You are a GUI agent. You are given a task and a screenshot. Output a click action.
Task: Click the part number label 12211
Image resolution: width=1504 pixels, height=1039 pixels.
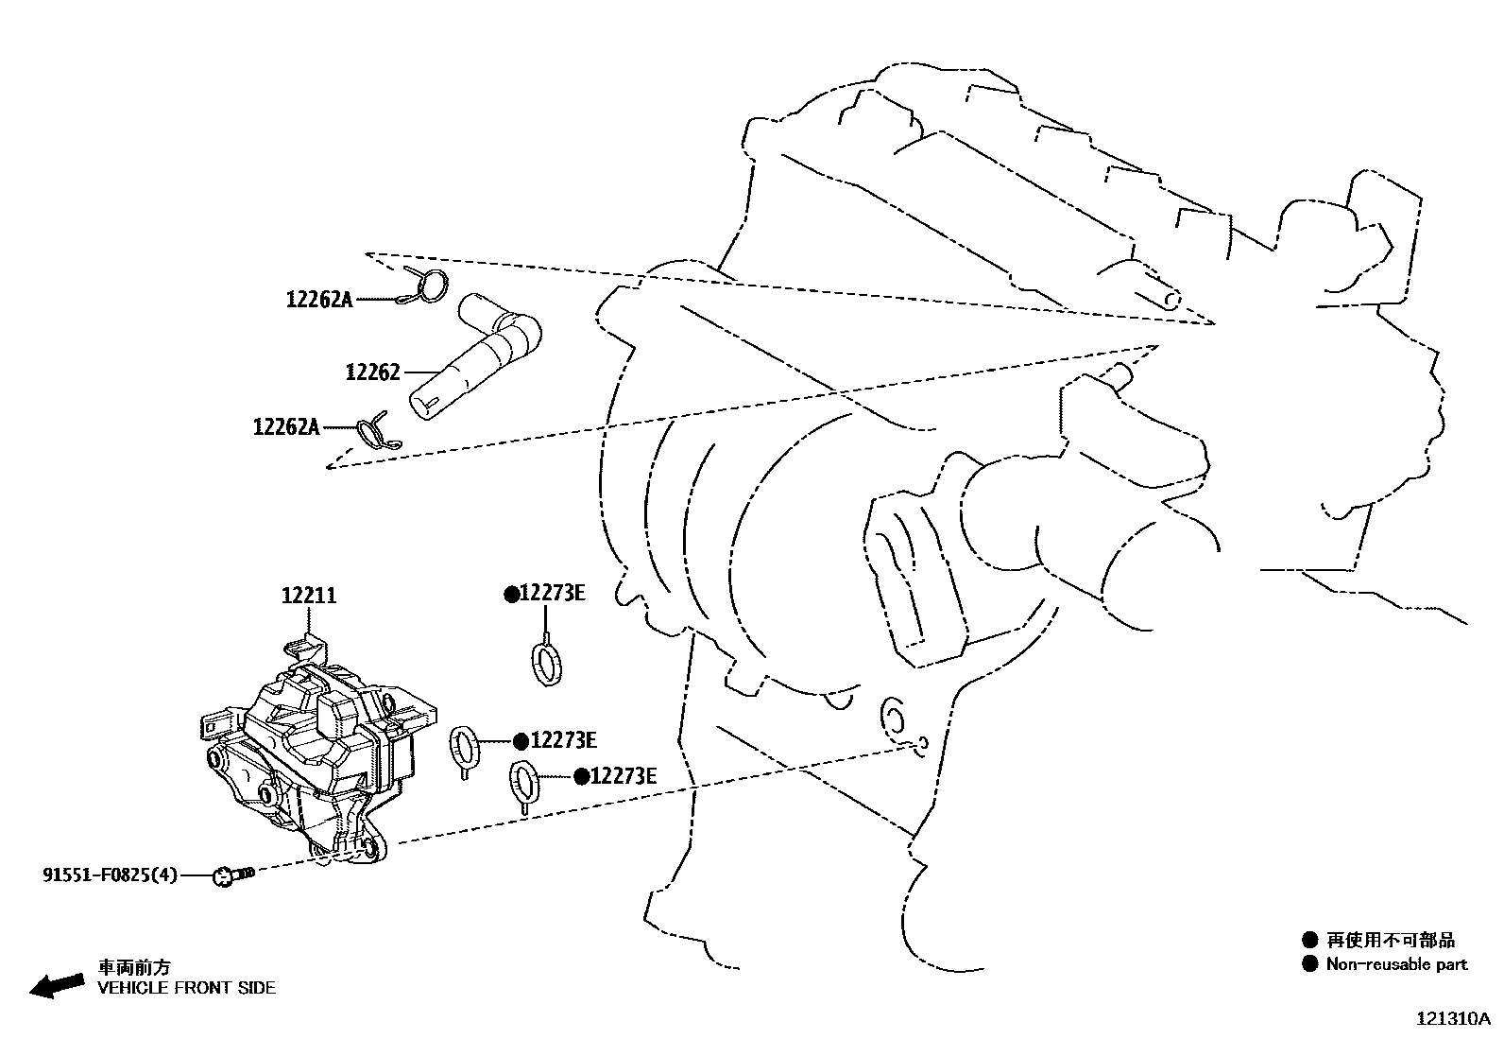(x=309, y=596)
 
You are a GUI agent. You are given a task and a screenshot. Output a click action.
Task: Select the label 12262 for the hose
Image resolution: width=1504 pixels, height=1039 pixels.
(x=372, y=372)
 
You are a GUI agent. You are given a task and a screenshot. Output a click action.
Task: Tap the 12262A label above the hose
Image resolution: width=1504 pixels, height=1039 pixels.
(x=318, y=300)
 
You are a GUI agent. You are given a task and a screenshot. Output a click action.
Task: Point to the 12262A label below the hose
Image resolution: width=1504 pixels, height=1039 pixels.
(x=286, y=427)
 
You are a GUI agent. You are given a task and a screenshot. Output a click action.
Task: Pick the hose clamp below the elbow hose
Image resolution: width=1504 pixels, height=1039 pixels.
(x=375, y=431)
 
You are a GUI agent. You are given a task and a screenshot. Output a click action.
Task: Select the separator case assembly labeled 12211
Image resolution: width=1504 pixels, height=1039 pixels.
(x=312, y=756)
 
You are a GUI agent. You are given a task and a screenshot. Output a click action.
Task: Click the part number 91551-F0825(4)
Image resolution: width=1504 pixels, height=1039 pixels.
(x=110, y=875)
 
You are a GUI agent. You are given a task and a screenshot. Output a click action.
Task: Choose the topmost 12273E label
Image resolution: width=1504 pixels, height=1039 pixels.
(x=553, y=594)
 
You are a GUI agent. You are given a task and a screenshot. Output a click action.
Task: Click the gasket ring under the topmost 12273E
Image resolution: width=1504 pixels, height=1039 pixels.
(x=546, y=662)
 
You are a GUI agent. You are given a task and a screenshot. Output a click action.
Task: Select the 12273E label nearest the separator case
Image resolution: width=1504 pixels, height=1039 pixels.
(x=563, y=740)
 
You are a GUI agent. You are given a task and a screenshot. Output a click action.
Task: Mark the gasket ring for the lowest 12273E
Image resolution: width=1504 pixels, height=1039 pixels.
(x=524, y=782)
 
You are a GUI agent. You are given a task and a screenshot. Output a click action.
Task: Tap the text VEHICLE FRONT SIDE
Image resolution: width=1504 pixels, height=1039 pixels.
(x=187, y=988)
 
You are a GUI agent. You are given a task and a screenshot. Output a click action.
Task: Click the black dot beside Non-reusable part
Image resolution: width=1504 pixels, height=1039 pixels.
(x=1309, y=964)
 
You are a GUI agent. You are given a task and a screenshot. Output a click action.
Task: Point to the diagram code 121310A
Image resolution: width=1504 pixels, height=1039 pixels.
(x=1453, y=1019)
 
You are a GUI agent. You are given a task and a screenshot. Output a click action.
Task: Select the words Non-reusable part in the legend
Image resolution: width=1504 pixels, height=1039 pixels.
(x=1396, y=964)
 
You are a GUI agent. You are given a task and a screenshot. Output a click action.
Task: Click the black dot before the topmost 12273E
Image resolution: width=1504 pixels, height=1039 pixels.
(x=511, y=594)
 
